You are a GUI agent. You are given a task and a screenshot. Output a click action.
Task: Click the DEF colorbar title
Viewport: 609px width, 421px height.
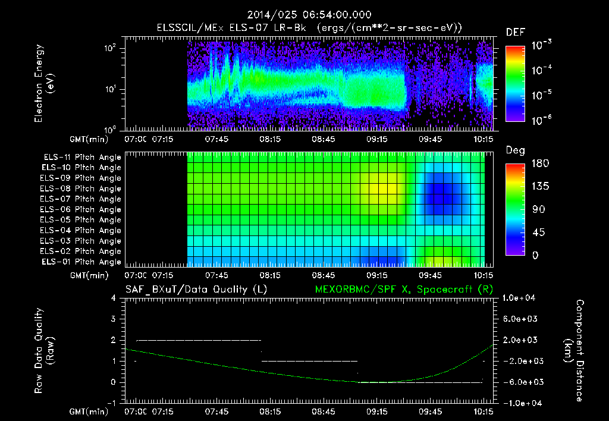pos(515,32)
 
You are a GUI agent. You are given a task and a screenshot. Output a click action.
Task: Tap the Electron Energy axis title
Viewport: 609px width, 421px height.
pos(45,83)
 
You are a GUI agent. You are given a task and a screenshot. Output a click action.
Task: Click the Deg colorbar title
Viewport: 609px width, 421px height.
pos(515,150)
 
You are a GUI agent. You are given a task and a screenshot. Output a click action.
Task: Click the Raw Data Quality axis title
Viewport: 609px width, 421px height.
pos(44,351)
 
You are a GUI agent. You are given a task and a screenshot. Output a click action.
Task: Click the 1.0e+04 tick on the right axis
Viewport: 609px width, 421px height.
pos(521,298)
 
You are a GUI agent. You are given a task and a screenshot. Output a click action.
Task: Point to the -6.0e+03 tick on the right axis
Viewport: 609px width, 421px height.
pos(521,382)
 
